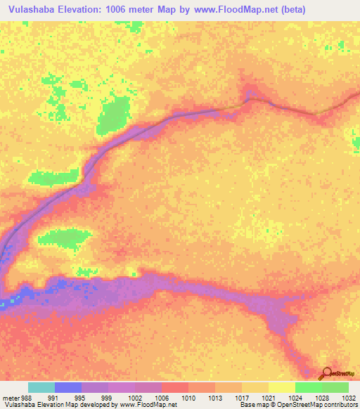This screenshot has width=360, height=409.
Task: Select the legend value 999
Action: pos(108,397)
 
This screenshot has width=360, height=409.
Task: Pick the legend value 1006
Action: pos(161,397)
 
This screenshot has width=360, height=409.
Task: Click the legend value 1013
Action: pos(214,397)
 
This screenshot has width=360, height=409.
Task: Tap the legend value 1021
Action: pos(268,397)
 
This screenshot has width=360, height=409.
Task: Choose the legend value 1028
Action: pos(321,397)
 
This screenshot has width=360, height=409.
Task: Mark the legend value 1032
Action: pos(347,397)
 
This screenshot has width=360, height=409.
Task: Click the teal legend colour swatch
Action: pos(41,387)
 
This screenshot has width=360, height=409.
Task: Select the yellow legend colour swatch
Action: pos(281,387)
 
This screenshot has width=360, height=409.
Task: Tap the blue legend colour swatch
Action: pos(67,387)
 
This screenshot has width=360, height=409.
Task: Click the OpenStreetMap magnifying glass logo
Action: pos(326,374)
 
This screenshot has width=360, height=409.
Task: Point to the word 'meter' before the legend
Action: pos(10,397)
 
